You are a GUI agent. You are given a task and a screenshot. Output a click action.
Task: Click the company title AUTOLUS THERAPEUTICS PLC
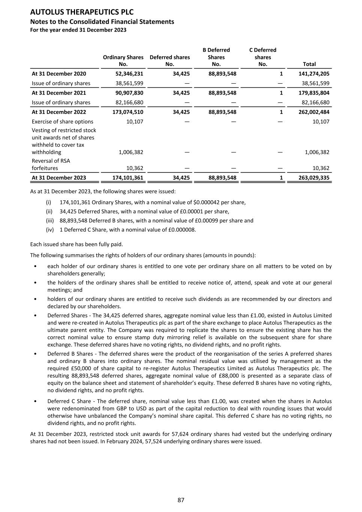coord(82,12)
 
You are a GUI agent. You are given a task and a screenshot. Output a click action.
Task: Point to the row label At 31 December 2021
coord(59,93)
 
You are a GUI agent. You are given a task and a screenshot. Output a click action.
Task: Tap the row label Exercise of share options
coord(63,122)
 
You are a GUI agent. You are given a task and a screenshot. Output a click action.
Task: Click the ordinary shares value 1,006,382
coord(131,152)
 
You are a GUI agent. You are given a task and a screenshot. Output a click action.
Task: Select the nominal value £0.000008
coord(181,230)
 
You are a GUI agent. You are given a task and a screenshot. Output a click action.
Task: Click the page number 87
coord(181,500)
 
